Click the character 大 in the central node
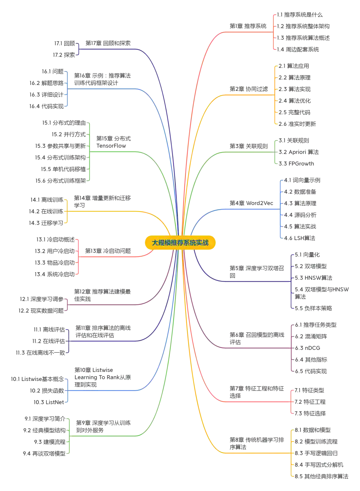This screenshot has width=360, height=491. click(x=155, y=243)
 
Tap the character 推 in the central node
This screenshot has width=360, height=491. click(x=174, y=243)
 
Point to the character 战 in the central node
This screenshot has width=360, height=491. click(x=205, y=243)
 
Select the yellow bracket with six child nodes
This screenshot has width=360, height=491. click(x=276, y=95)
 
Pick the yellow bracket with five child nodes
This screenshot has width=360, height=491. click(x=293, y=453)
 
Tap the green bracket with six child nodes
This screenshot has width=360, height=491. click(x=89, y=152)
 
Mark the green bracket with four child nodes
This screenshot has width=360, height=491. click(x=69, y=436)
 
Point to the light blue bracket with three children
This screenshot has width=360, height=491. click(x=68, y=390)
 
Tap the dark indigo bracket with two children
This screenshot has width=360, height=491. click(x=79, y=49)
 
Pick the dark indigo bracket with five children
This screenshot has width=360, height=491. click(x=292, y=282)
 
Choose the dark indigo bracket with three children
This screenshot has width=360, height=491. click(x=68, y=341)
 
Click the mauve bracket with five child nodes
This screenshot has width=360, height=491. click(x=292, y=348)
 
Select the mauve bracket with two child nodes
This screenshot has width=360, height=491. click(x=68, y=305)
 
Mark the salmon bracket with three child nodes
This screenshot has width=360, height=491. click(x=292, y=402)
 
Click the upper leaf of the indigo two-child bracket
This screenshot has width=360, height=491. click(x=65, y=43)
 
